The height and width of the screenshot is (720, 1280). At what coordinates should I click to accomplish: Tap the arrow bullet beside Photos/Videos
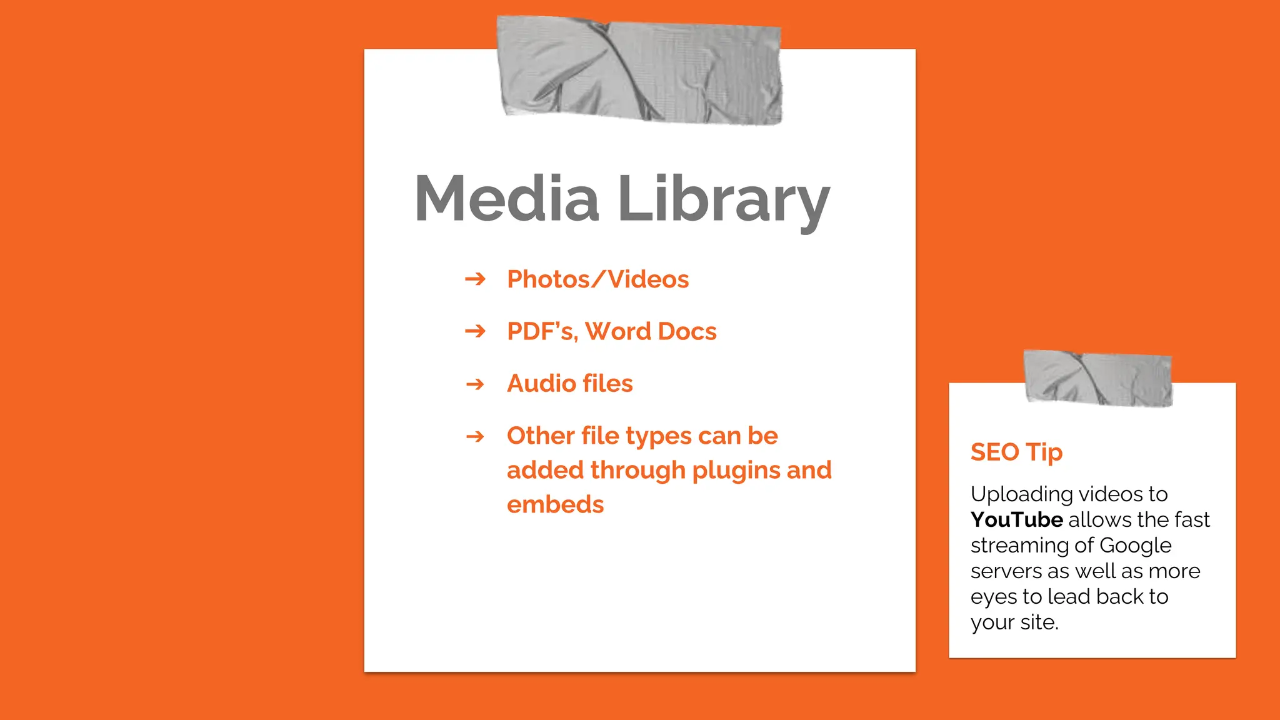[x=475, y=279]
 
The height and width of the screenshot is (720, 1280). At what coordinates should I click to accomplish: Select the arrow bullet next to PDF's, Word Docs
[x=475, y=331]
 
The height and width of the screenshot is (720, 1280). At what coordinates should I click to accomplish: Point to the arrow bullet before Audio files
[x=475, y=383]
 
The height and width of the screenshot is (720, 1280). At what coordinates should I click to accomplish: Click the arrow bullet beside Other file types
[x=475, y=436]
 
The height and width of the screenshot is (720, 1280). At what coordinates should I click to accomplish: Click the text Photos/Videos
[x=597, y=279]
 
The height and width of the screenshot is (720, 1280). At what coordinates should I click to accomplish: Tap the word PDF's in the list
[x=541, y=331]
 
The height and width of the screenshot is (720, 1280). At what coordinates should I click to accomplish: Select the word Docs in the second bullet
[x=687, y=331]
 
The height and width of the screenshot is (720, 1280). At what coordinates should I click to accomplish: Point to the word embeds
[x=555, y=504]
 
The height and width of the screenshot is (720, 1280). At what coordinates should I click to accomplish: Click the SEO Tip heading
[x=1016, y=452]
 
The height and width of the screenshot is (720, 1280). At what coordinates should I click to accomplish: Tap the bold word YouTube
[x=1016, y=519]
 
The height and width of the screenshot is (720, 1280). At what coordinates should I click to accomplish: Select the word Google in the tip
[x=1135, y=546]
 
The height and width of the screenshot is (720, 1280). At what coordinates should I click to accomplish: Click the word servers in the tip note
[x=1006, y=571]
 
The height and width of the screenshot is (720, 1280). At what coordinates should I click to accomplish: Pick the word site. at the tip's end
[x=1039, y=622]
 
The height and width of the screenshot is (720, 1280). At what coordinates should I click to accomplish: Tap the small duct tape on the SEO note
[x=1097, y=377]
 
